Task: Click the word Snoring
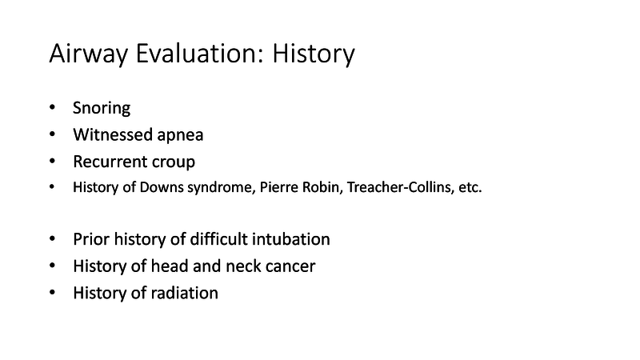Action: [x=102, y=108]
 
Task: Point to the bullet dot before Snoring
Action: [x=53, y=108]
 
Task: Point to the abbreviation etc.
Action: [x=469, y=189]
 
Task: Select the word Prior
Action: [x=91, y=239]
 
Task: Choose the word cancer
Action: [x=290, y=266]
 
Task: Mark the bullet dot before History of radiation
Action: [x=53, y=293]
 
